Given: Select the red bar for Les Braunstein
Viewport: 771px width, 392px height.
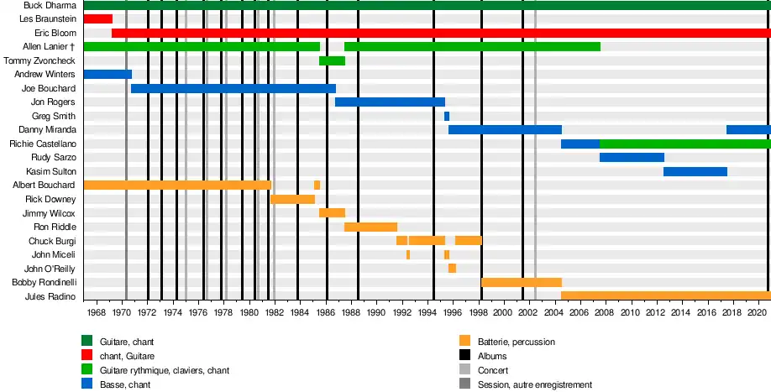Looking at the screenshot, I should point(97,18).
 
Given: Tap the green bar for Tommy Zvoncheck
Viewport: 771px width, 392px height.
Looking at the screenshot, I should point(332,60).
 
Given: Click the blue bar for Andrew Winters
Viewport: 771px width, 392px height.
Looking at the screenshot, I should point(108,75).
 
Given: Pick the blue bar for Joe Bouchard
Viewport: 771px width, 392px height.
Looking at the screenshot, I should point(233,88).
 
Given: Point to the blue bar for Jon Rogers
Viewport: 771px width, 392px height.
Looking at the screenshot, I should point(390,102).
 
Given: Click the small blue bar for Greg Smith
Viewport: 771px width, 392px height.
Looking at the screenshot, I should point(447,116).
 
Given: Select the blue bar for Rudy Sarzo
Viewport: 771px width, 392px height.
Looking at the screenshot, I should point(632,158).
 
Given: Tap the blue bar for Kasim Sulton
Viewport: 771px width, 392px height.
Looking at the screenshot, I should point(695,171).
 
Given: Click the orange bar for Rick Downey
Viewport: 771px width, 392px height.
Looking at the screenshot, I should point(292,199).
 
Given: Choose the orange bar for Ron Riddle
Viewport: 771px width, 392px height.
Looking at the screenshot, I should point(370,227).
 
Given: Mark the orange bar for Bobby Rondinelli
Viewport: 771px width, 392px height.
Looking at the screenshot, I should point(521,283).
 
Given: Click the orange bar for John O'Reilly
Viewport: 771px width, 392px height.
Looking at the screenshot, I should point(452,269).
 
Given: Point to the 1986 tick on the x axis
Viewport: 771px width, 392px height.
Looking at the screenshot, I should point(324,313).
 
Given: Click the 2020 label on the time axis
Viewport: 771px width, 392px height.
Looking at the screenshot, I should point(756,313).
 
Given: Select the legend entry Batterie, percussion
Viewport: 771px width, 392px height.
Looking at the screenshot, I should point(516,342).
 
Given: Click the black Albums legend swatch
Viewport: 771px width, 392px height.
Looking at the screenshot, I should point(464,356).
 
